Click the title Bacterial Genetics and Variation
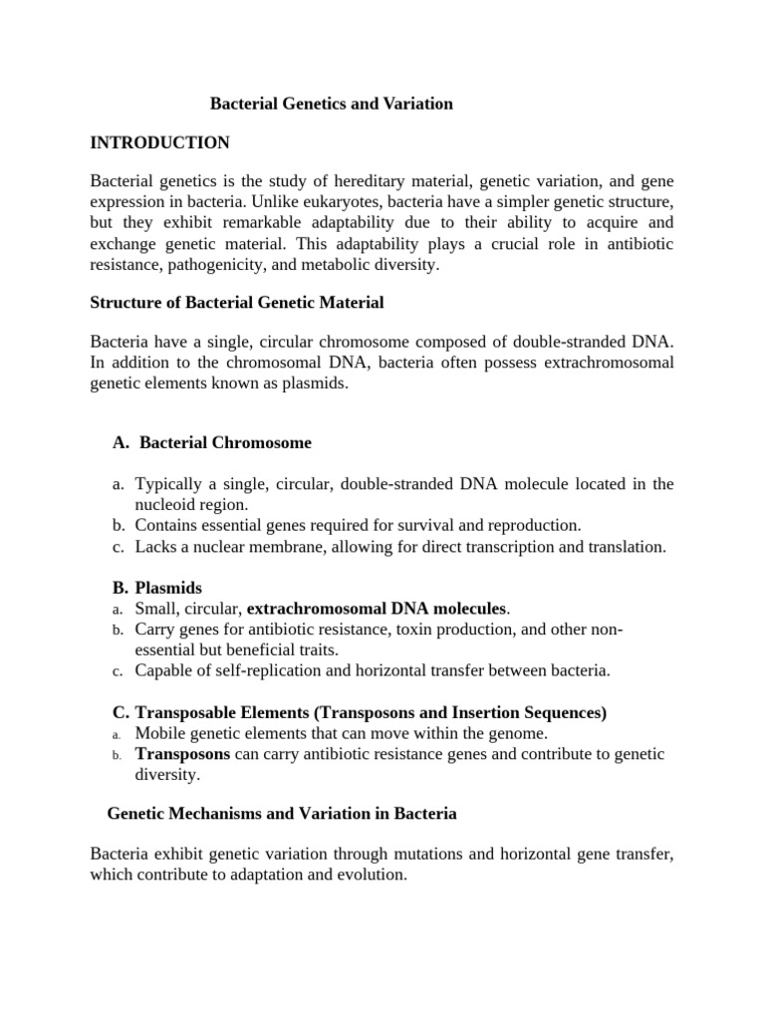(x=331, y=104)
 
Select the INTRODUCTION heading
(x=159, y=143)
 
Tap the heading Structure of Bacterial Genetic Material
(x=237, y=302)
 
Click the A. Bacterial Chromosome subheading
(x=213, y=442)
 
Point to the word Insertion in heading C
(x=476, y=713)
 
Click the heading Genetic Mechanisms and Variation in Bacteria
(x=282, y=814)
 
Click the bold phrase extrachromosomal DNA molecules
(x=378, y=609)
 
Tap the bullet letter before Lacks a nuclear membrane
(x=117, y=546)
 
